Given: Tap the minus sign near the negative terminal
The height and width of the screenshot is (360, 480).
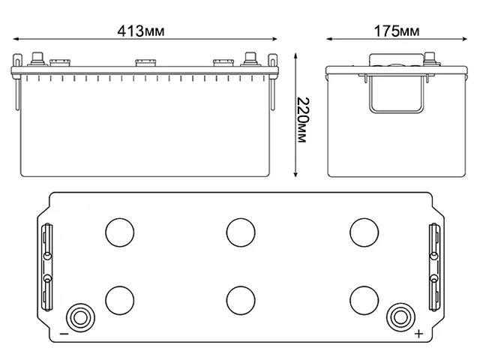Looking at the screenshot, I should coord(64,334).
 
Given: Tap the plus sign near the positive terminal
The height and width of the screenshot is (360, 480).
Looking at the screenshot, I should coord(418,334).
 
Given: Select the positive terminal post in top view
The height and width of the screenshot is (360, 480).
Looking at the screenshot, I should coord(400,316).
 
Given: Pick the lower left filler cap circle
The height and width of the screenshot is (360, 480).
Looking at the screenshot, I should coord(118,299).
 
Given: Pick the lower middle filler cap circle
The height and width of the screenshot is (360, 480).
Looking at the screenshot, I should coord(239,299).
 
